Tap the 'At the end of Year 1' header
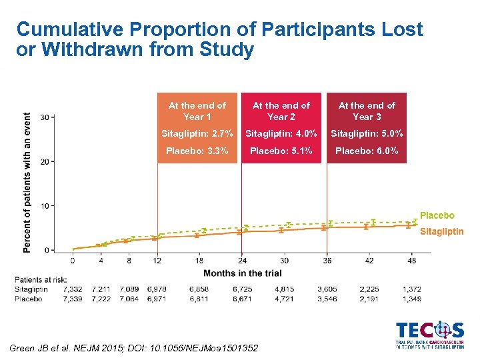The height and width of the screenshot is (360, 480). coord(197,111)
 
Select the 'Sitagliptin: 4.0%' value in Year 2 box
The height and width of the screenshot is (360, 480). coord(281,134)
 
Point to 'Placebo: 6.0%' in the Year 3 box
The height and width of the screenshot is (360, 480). coord(367,151)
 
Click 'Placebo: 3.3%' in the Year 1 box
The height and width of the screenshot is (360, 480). coord(197,151)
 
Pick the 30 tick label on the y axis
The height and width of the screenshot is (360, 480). coord(43,117)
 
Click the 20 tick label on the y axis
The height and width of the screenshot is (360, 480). coord(43,161)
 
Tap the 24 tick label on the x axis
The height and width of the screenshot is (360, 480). coord(242,260)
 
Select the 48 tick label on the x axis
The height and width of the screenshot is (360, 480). coord(412,260)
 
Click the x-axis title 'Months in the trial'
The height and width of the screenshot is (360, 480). coord(242,273)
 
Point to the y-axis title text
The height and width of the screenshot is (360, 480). coord(27,181)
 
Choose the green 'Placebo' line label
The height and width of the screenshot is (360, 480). coord(437,215)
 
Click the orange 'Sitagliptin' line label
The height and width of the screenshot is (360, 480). coord(441,231)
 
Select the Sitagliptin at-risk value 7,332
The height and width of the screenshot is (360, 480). coord(73,289)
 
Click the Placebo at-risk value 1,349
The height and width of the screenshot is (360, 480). coord(412,299)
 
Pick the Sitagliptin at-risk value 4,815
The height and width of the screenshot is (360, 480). coord(285,289)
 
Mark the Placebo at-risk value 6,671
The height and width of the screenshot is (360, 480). coord(242,299)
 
